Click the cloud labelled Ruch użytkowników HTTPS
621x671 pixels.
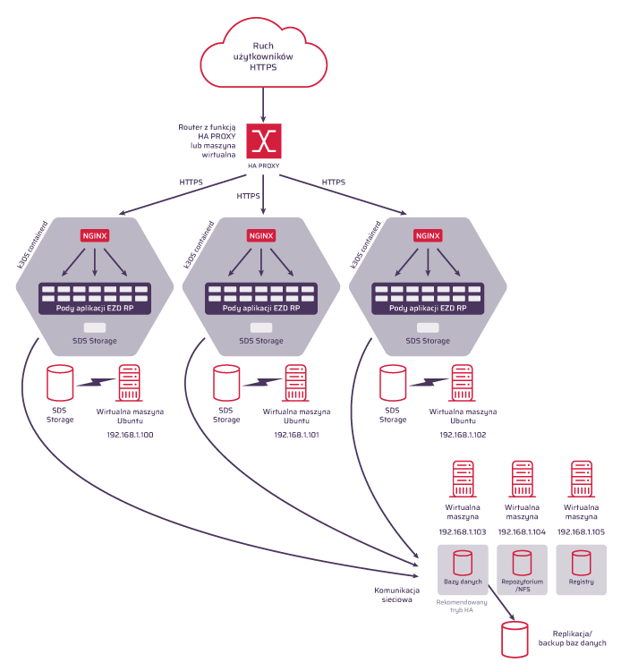263,55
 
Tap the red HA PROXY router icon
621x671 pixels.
263,140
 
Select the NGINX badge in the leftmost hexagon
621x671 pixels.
95,236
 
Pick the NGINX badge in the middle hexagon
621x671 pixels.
261,236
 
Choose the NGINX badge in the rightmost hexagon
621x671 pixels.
428,236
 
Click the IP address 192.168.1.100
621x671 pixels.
130,435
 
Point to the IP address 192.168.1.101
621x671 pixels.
296,435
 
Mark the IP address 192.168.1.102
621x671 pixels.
463,434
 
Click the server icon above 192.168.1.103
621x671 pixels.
463,480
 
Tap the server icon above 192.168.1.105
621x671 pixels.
582,480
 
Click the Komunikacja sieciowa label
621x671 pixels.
394,595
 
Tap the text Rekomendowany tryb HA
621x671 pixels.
462,607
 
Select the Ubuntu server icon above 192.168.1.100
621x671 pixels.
130,384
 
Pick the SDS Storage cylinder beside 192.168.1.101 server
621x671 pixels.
226,383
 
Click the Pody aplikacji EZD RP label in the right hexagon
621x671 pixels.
428,308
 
